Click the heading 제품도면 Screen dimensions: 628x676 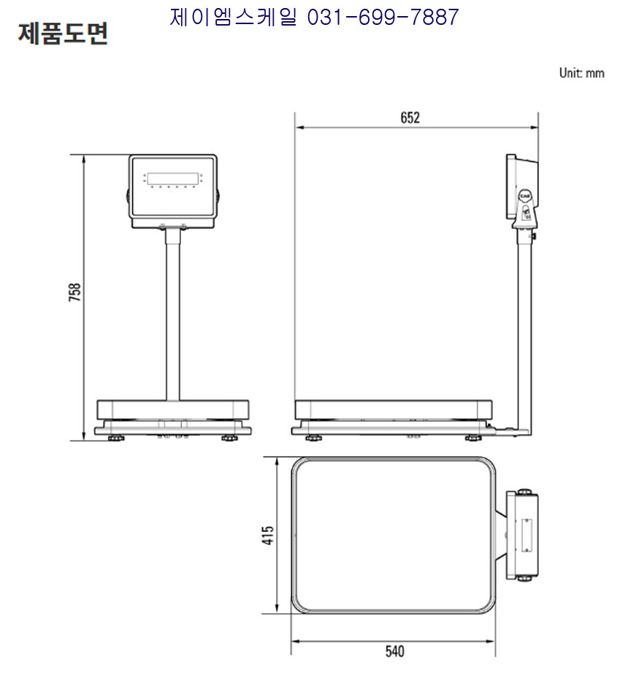point(63,34)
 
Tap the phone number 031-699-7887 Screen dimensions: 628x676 point(383,18)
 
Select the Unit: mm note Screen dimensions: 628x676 point(581,73)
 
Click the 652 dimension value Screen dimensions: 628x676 point(410,118)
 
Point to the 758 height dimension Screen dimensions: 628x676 point(75,292)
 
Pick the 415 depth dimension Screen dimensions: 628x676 point(267,535)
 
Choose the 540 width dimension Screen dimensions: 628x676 point(394,651)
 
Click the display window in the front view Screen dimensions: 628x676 point(173,178)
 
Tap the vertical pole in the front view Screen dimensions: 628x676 point(173,315)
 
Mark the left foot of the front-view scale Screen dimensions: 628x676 point(116,438)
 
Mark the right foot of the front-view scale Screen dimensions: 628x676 point(229,438)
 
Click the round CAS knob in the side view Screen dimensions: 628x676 point(524,196)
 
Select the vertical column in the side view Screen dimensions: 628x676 point(524,332)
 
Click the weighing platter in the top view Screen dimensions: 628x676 point(394,535)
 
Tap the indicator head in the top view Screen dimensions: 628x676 point(522,535)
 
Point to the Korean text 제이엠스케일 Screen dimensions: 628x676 point(234,18)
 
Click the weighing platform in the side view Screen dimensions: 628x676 point(394,409)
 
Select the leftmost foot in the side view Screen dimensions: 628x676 point(313,438)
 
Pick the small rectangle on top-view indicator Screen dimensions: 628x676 point(526,535)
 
